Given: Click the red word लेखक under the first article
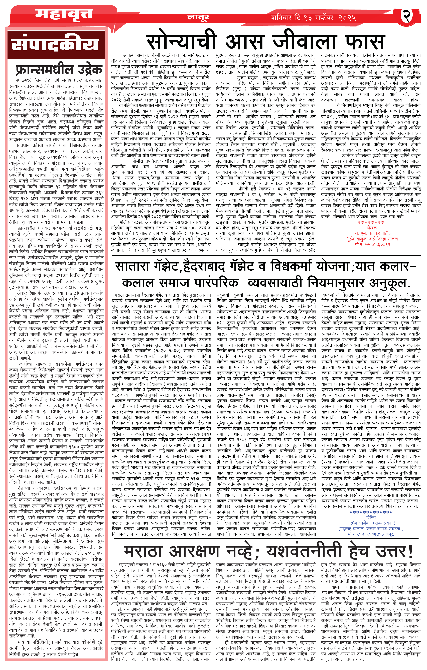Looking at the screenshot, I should [372, 228].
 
